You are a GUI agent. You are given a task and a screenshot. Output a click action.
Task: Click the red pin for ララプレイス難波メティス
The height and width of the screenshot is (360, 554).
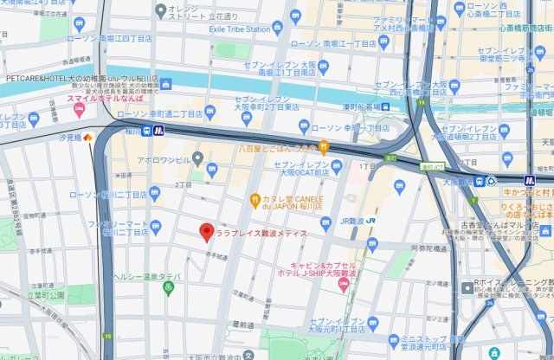click(206, 232)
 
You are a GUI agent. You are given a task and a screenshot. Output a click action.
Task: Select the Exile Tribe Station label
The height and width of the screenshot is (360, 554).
click(240, 29)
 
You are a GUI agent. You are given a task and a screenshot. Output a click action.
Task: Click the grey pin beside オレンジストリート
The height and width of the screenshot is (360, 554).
click(161, 10)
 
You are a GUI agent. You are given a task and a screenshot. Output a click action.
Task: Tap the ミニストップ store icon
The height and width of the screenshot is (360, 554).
click(394, 340)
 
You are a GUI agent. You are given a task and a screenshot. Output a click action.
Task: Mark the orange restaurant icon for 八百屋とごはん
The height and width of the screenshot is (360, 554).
click(324, 146)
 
